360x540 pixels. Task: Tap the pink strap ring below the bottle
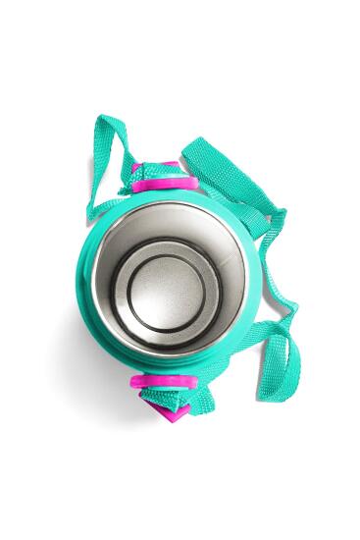pos(155,382)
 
